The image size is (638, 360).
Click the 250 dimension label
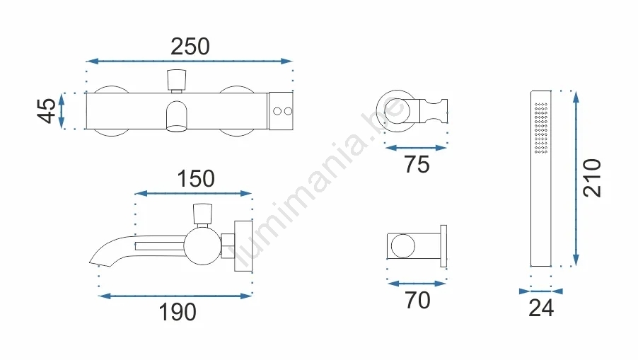pyautogui.click(x=190, y=47)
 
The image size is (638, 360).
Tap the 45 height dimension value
pyautogui.click(x=47, y=110)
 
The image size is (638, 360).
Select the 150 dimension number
pyautogui.click(x=196, y=178)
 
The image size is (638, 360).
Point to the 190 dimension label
pyautogui.click(x=178, y=312)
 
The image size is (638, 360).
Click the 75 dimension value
pyautogui.click(x=417, y=164)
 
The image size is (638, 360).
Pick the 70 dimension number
pyautogui.click(x=417, y=300)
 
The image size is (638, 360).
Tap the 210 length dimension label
pyautogui.click(x=591, y=178)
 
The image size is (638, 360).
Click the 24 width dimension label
pyautogui.click(x=541, y=308)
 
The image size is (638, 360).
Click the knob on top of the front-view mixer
pyautogui.click(x=177, y=80)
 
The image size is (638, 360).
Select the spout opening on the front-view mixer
pyautogui.click(x=177, y=129)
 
